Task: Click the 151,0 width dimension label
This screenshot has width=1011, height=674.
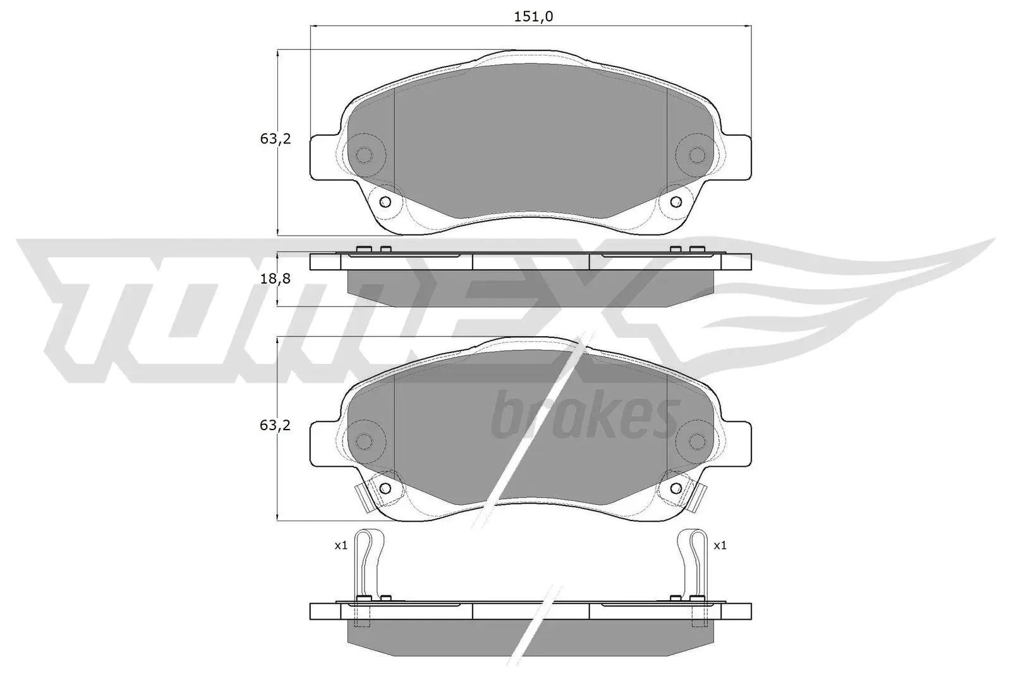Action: pos(533,17)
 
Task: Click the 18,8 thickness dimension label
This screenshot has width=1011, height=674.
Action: pos(275,278)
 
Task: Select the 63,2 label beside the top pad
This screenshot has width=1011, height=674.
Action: pos(275,139)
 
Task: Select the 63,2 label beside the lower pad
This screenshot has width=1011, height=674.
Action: pos(275,425)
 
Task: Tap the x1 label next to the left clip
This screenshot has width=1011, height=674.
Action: pos(341,545)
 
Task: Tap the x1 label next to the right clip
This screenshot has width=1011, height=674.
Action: pos(720,545)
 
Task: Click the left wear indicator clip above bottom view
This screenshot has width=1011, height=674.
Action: pos(367,562)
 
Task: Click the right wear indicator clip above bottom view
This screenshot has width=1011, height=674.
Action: pos(693,562)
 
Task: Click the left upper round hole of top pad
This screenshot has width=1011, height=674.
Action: pos(364,155)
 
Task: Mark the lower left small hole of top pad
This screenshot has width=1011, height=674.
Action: pos(385,202)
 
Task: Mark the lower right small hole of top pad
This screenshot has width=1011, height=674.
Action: pos(675,202)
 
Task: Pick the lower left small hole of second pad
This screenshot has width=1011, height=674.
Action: pos(385,488)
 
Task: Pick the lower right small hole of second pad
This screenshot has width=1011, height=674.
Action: pos(675,488)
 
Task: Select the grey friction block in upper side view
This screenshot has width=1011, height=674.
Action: pos(531,287)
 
